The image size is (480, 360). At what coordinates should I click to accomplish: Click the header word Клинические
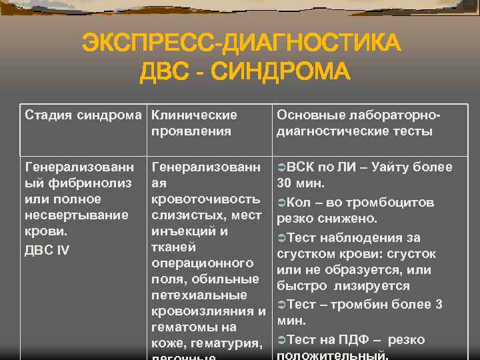coord(194,115)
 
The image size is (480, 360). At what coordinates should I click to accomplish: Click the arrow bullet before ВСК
coord(281,167)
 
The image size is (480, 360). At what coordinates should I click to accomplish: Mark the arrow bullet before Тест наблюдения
coord(281,238)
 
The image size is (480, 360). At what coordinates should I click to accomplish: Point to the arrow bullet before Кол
coord(281,202)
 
